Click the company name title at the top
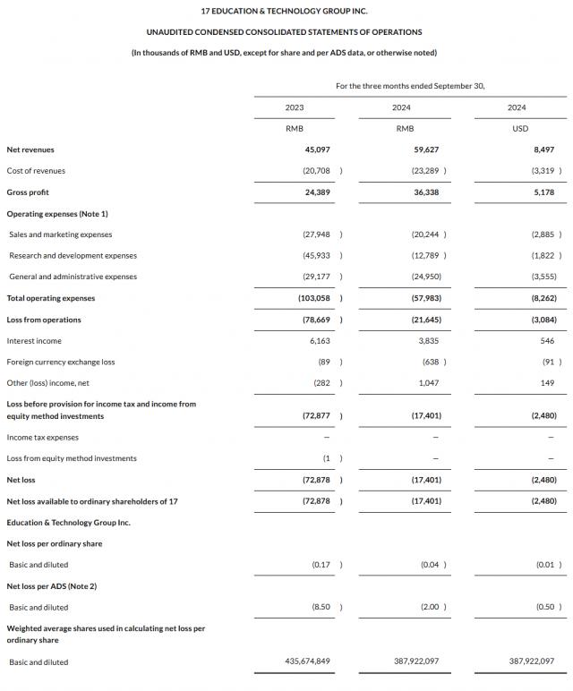(x=284, y=11)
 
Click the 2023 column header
(x=295, y=107)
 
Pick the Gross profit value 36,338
(x=426, y=192)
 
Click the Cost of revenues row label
(x=36, y=171)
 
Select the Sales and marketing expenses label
(x=61, y=235)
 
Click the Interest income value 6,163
(x=319, y=341)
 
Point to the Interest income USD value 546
(x=547, y=341)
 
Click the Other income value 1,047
(x=430, y=383)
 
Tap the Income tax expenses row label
(x=42, y=438)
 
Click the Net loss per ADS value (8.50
(x=321, y=607)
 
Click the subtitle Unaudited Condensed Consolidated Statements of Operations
(x=284, y=31)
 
